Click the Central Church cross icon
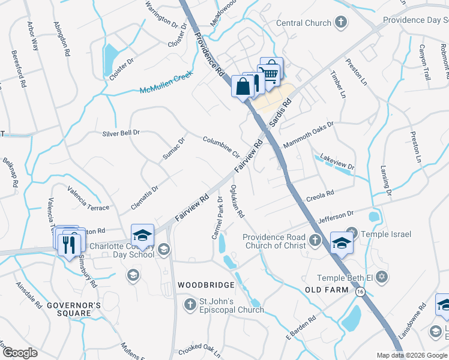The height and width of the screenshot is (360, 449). pos(341,23)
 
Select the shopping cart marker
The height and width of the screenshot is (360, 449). pos(271,73)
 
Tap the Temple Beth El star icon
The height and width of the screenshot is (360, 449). pos(380,278)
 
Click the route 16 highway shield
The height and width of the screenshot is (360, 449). pos(360,292)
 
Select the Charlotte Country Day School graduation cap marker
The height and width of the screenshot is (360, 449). pos(143,235)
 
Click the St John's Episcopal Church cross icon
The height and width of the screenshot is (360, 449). pos(190,303)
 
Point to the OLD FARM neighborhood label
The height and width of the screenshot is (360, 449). pos(326,291)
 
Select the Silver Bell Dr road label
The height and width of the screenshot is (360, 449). pos(121,133)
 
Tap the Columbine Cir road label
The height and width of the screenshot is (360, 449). pos(220,146)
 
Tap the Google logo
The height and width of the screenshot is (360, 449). pos(20,353)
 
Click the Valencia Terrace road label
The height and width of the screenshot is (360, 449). pos(88,199)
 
